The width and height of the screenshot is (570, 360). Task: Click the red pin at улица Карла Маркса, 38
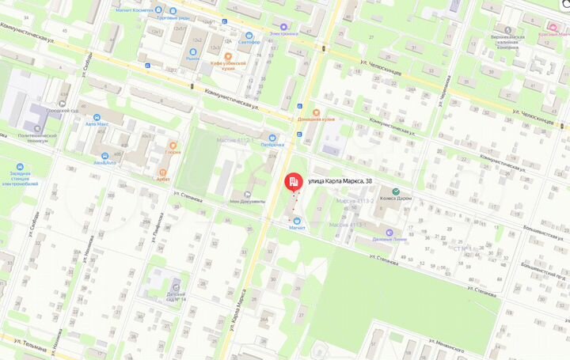point(293,183)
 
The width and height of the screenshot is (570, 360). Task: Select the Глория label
point(173,152)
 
